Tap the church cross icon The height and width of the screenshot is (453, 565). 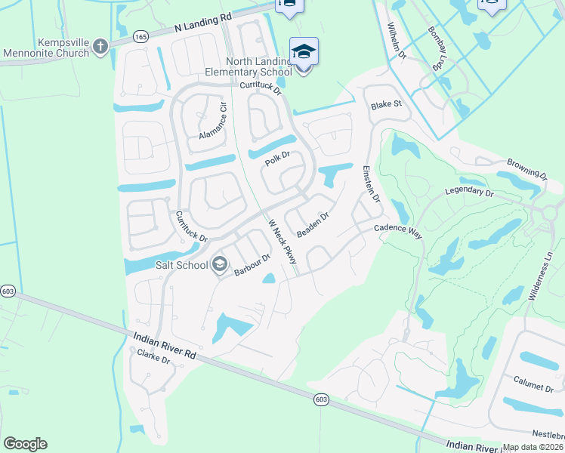[x=100, y=48]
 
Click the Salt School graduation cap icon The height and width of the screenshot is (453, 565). [x=220, y=263]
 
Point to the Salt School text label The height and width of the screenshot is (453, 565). [x=182, y=263]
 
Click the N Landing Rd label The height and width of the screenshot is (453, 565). [x=202, y=23]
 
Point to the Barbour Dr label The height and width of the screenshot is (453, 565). [x=252, y=264]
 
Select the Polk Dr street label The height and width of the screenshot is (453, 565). [x=277, y=160]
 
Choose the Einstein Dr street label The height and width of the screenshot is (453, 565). [x=371, y=183]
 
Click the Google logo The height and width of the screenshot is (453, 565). [x=25, y=444]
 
